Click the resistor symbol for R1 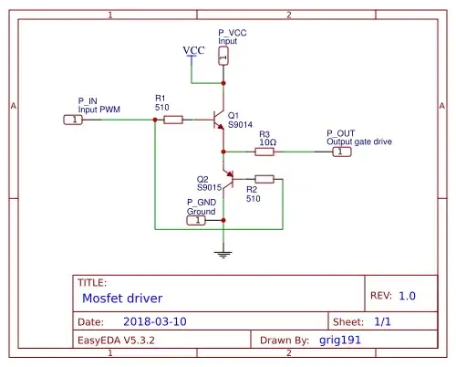point(172,120)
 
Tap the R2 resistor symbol point(264,179)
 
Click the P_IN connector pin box point(72,120)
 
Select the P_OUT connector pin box point(340,152)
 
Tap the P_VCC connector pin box point(223,57)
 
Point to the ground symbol point(223,253)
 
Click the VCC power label point(193,50)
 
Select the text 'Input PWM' point(98,108)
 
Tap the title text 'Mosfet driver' point(123,299)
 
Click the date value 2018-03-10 point(154,322)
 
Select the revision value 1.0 point(407,296)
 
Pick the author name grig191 point(341,341)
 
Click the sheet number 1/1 point(384,322)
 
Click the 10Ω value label point(268,142)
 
